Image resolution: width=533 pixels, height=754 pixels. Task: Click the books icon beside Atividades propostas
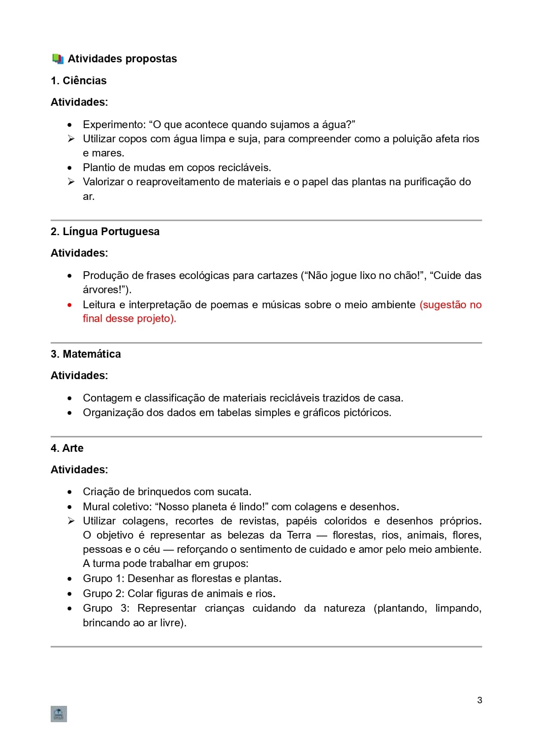(x=58, y=59)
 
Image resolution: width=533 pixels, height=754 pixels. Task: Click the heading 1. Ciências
(x=79, y=81)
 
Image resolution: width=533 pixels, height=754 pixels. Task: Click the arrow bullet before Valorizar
(x=71, y=182)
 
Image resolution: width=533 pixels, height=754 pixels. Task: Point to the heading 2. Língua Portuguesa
(x=105, y=232)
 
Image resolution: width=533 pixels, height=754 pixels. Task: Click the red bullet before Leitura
(x=70, y=305)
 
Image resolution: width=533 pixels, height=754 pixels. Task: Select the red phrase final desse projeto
(x=129, y=319)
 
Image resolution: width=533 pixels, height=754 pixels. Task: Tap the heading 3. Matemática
(x=85, y=354)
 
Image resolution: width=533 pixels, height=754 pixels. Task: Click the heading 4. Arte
(x=67, y=448)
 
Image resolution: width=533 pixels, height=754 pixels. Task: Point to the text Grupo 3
(x=106, y=608)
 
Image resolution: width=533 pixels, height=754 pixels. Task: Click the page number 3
(x=479, y=700)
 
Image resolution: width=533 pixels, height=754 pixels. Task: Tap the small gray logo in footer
(x=58, y=714)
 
